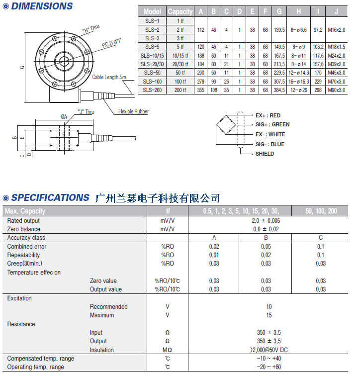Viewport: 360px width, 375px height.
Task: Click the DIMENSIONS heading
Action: coord(42,6)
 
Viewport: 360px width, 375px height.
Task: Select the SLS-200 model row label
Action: coord(152,90)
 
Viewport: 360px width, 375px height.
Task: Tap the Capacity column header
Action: coord(180,11)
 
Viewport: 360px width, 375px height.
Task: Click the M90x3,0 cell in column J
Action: coord(337,90)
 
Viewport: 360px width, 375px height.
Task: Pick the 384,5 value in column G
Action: coord(279,90)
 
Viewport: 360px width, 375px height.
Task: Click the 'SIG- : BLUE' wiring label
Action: coord(270,144)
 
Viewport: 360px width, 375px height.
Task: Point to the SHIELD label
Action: coord(265,154)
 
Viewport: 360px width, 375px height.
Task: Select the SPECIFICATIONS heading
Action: coord(50,198)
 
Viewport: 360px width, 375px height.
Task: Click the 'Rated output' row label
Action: coord(23,220)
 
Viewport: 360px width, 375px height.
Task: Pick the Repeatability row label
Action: coord(24,255)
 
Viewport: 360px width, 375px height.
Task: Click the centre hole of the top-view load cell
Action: coord(63,61)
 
